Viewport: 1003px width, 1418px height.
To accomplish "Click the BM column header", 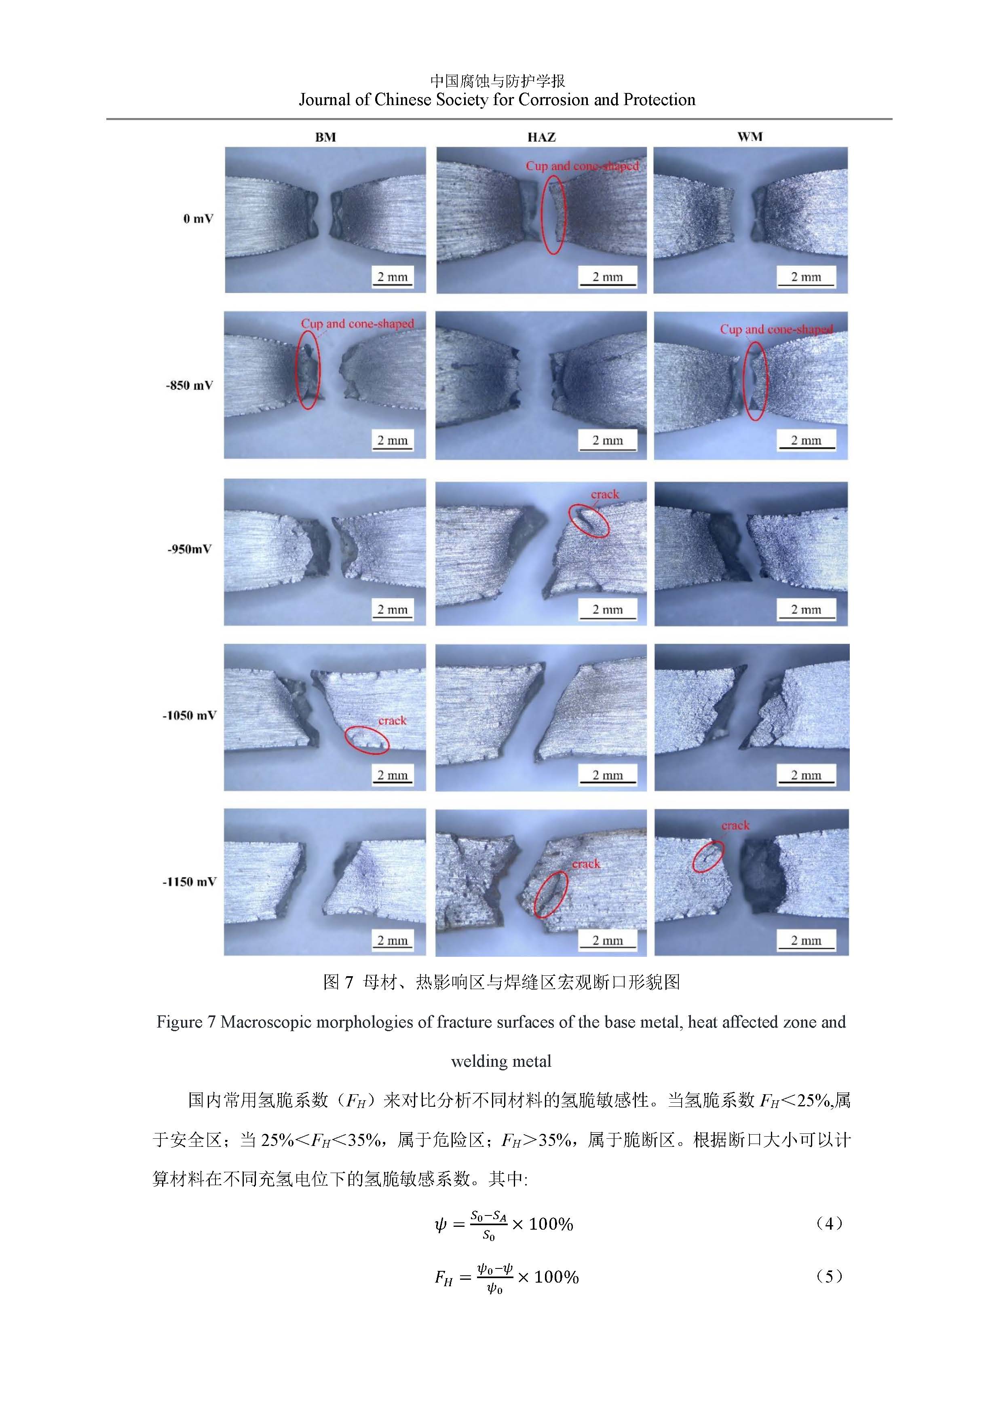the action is (325, 137).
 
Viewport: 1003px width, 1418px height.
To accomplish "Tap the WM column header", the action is (750, 137).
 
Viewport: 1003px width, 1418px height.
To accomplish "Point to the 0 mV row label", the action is (198, 219).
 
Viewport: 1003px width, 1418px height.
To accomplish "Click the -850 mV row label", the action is (190, 385).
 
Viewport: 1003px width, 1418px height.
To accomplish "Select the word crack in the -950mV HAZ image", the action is (605, 494).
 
